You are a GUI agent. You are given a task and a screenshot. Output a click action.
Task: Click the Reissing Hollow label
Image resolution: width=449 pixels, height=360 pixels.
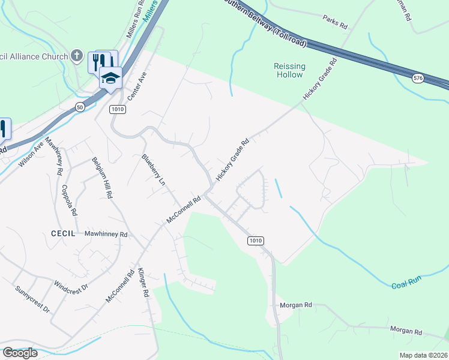[290, 70]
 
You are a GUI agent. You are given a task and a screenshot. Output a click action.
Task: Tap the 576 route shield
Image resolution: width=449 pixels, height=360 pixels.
[418, 78]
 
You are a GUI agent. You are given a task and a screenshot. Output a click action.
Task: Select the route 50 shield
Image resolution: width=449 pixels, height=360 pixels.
[80, 106]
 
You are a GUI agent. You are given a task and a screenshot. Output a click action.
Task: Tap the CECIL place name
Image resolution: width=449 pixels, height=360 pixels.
[62, 233]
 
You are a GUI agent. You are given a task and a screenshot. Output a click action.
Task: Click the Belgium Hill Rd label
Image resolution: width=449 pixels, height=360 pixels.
[102, 178]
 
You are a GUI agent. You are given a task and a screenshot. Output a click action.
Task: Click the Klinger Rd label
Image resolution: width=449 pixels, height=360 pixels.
[143, 283]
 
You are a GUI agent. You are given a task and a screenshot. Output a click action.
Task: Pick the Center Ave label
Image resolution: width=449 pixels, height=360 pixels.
[139, 87]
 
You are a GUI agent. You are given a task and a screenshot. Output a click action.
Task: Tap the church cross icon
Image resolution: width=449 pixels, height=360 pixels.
[76, 56]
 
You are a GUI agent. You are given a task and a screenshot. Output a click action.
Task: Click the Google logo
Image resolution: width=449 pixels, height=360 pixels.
[20, 352]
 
